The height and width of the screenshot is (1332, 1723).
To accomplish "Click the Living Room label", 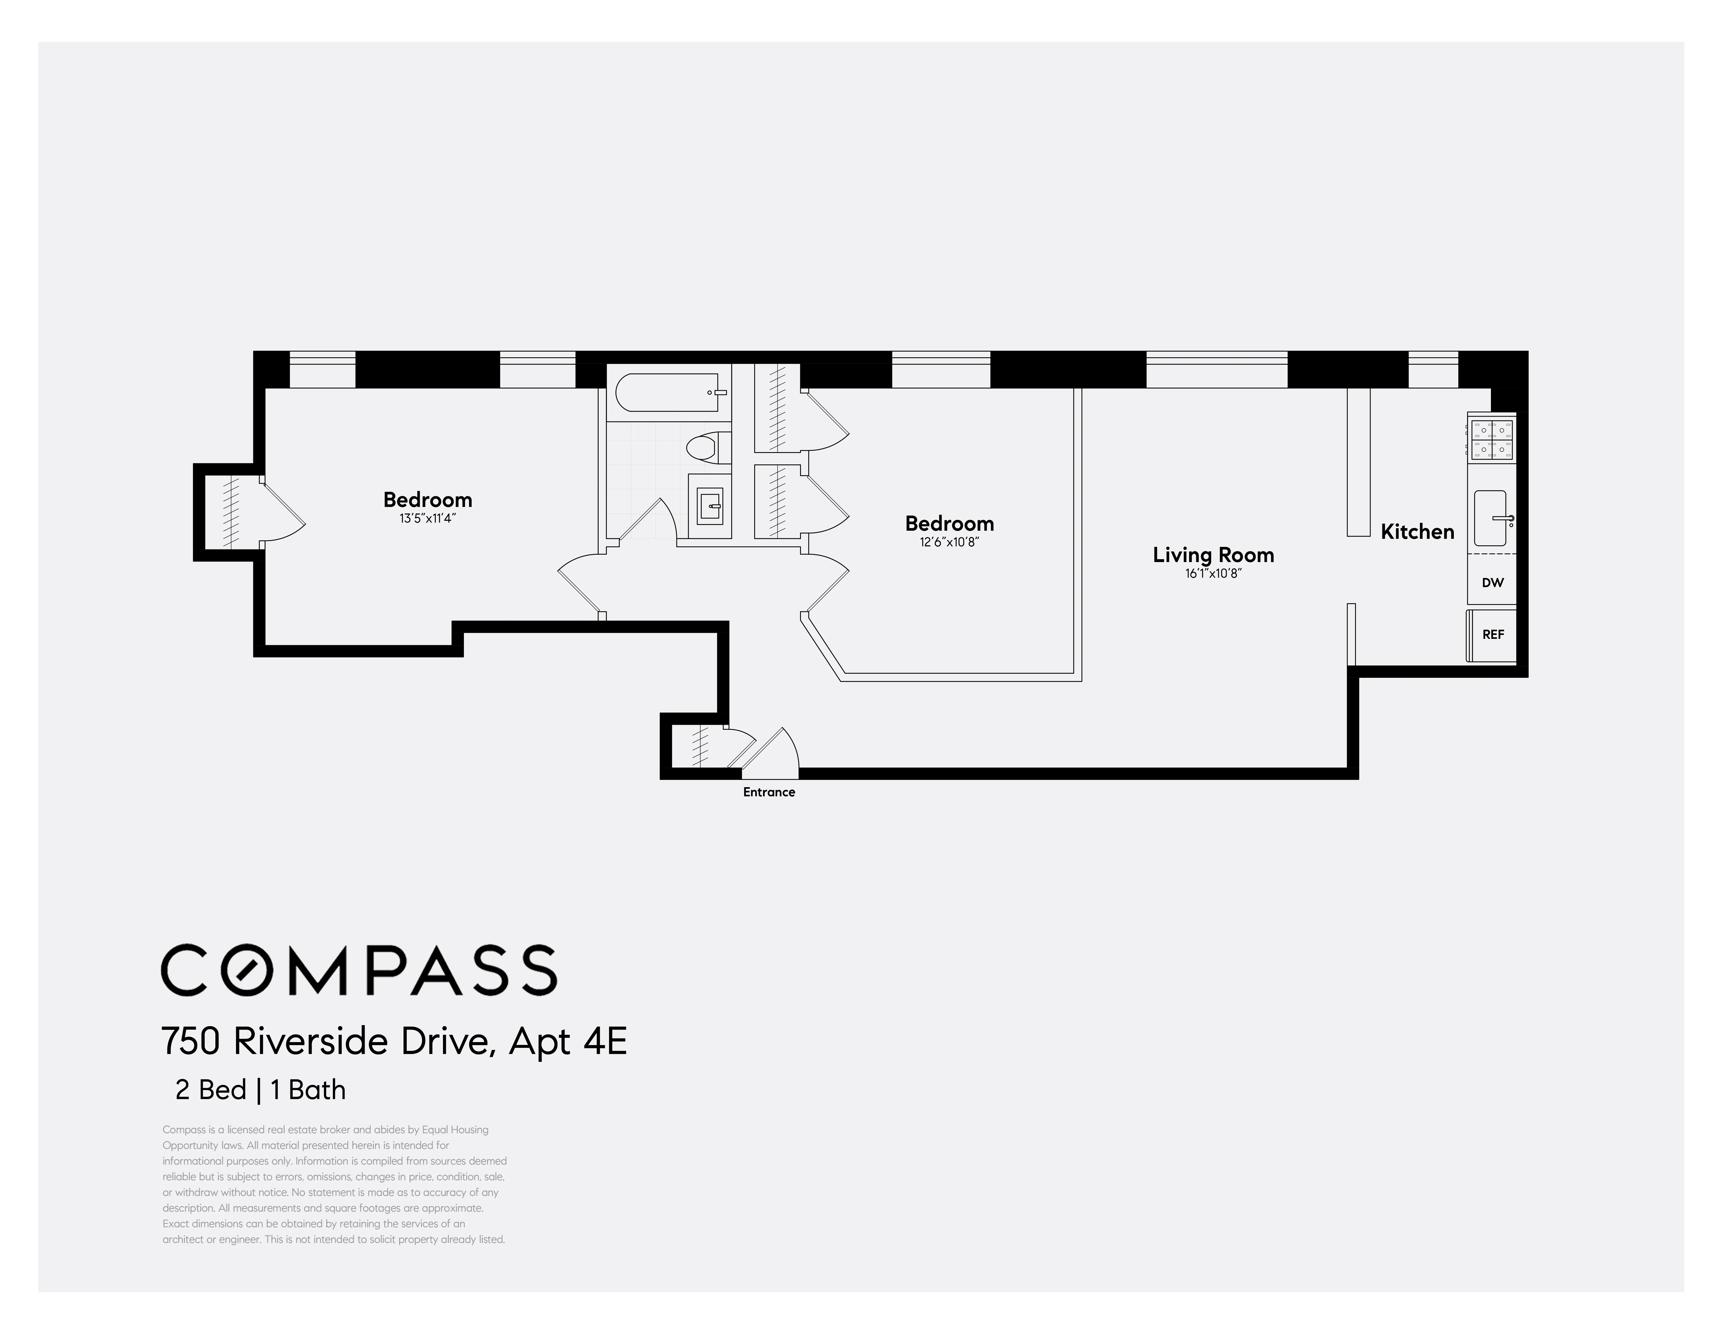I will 1213,555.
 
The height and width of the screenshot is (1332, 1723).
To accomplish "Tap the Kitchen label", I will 1417,532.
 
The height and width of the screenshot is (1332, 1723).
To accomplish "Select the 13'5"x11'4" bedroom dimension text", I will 428,518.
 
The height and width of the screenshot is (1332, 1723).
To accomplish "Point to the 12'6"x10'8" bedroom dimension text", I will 949,542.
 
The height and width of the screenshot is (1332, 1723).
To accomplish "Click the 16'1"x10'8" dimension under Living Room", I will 1213,574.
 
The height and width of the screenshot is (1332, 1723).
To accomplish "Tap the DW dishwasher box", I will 1492,582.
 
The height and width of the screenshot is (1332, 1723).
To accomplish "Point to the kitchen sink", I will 1490,518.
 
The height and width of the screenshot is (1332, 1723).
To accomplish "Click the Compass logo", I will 359,970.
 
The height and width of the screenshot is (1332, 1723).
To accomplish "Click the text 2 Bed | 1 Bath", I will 260,1090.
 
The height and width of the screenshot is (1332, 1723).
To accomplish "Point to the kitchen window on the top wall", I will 1433,369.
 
